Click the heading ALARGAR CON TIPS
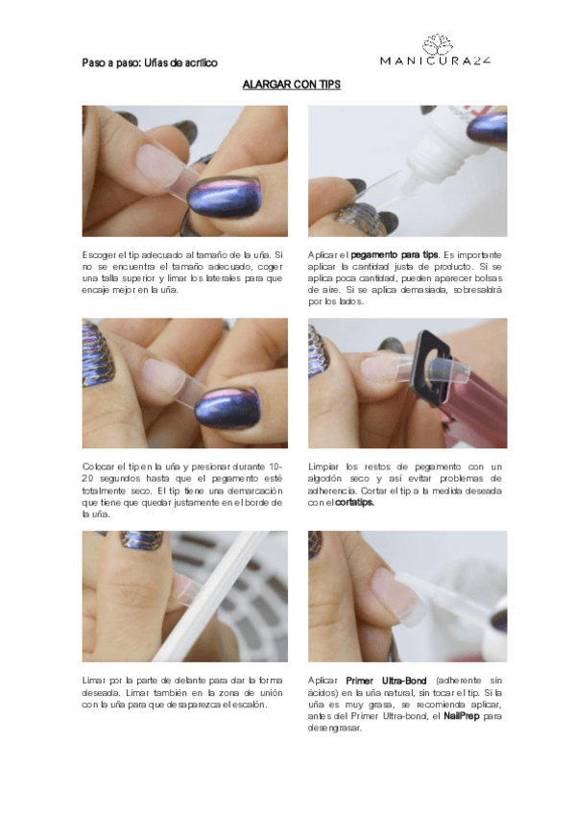click(291, 84)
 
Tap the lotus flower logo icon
click(437, 44)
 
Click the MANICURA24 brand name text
click(436, 60)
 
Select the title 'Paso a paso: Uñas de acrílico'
click(150, 62)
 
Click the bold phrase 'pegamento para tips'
click(395, 255)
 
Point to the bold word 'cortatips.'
click(354, 503)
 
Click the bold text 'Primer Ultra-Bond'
click(386, 681)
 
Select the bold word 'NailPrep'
click(462, 716)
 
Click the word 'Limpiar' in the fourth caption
click(323, 467)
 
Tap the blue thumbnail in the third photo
click(227, 409)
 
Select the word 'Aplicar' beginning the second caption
click(323, 255)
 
